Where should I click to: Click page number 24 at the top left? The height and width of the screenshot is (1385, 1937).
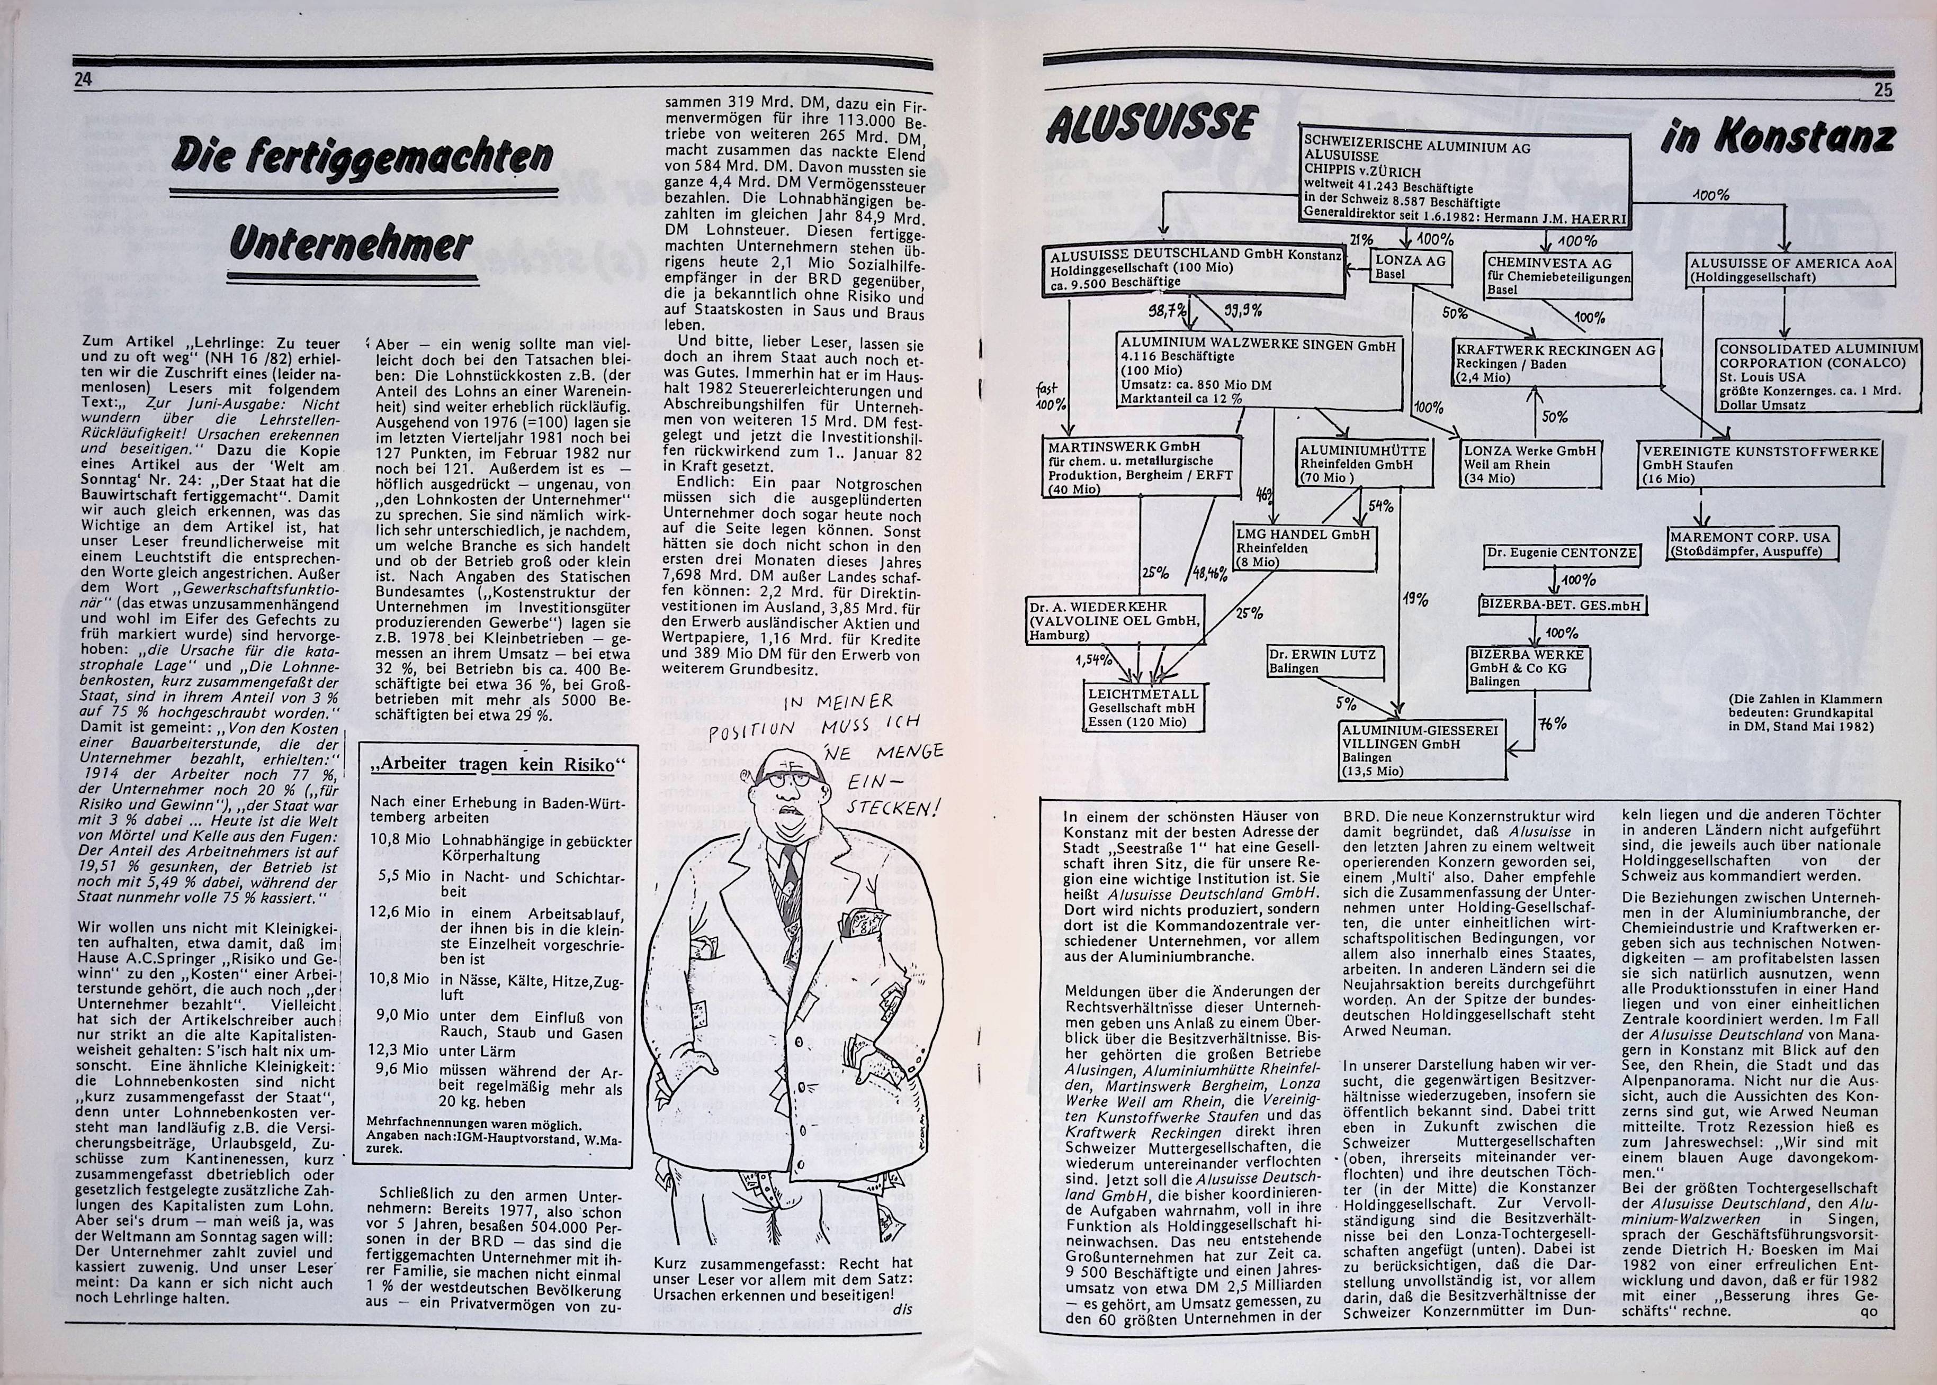pyautogui.click(x=83, y=79)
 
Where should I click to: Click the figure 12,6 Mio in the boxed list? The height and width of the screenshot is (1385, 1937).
pyautogui.click(x=400, y=912)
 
